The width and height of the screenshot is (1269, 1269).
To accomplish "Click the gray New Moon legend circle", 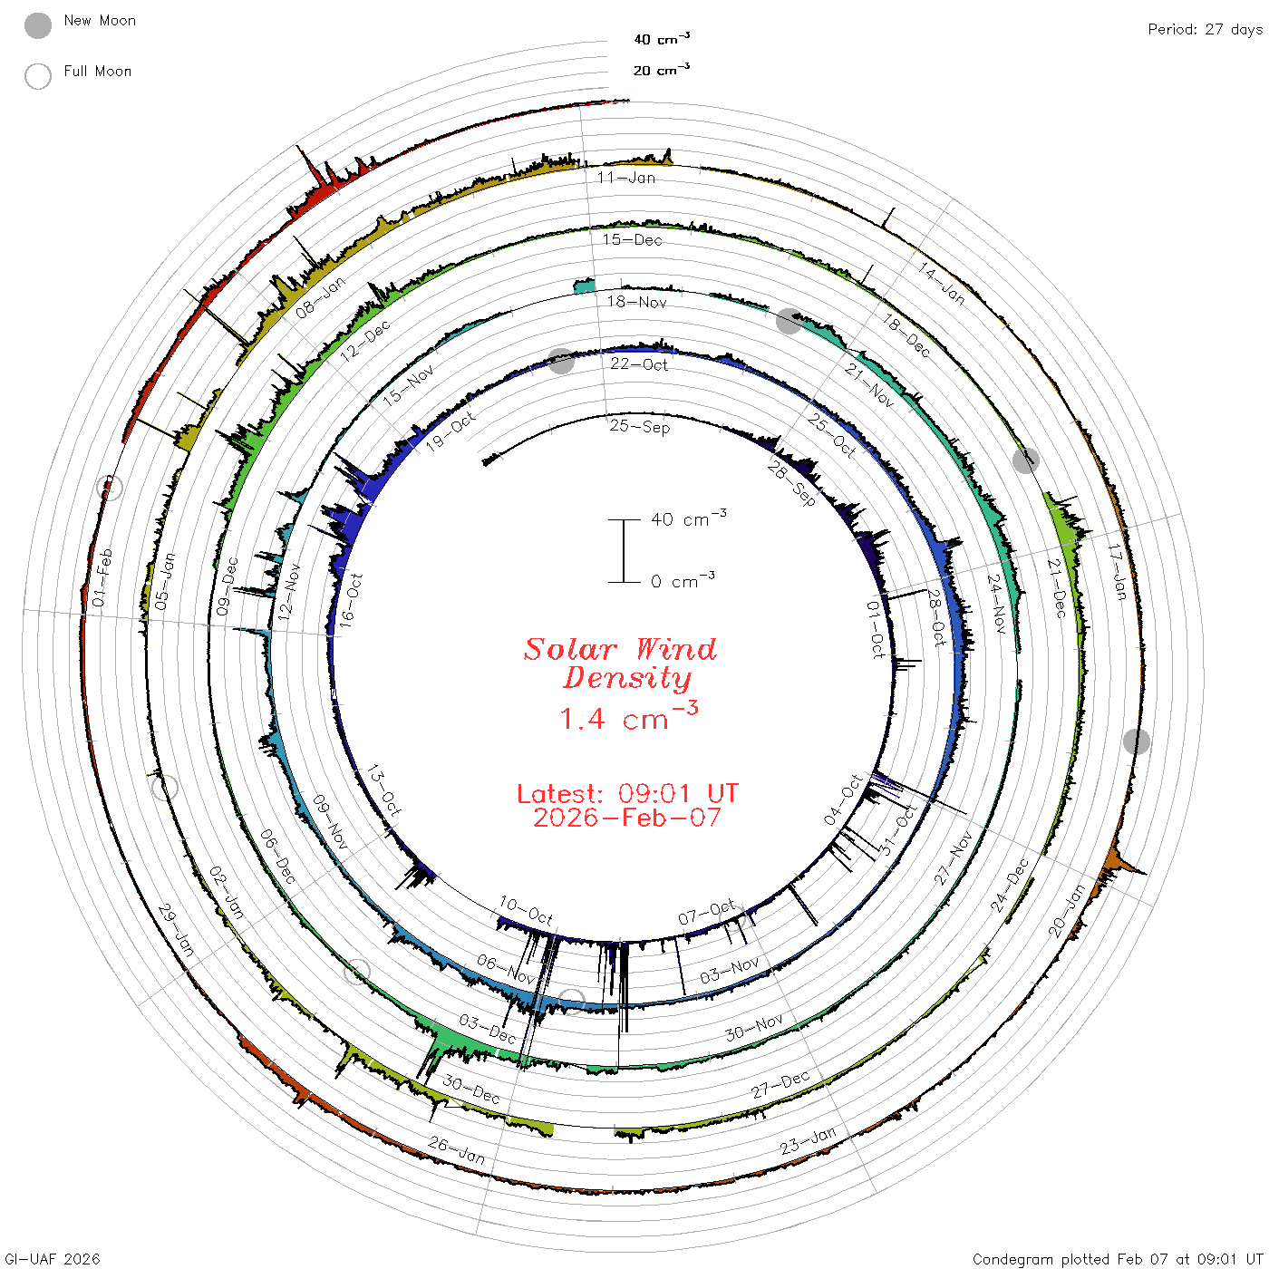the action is (x=37, y=25).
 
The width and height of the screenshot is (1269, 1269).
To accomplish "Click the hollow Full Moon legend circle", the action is (x=37, y=76).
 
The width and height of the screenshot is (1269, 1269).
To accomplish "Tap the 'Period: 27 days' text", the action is (x=1206, y=30).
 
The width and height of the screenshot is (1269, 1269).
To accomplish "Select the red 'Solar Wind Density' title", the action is (x=620, y=664).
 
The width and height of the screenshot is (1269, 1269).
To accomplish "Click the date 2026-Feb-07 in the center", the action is (x=627, y=818).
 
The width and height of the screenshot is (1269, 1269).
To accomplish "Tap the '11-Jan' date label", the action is (x=625, y=177).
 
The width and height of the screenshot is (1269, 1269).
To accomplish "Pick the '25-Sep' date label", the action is (x=639, y=426).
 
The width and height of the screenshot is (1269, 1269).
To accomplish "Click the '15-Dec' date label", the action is (x=632, y=239).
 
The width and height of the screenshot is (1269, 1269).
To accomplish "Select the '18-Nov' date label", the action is (x=636, y=302).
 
